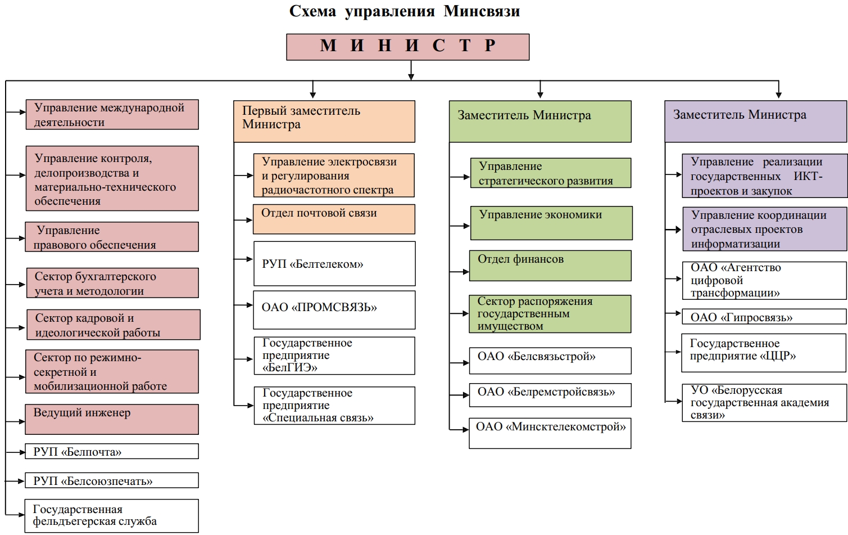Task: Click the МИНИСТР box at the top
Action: coord(407,47)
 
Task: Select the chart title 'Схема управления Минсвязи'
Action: coord(404,11)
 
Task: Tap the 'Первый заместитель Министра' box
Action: coord(324,121)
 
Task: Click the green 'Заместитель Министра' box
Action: coord(540,121)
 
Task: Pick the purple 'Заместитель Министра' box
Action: coord(755,121)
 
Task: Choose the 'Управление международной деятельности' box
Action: coord(112,115)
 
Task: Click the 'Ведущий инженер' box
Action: coord(112,419)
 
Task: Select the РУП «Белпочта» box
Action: coord(112,452)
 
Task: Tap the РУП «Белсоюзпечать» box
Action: coord(112,480)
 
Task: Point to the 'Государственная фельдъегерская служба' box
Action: coord(112,515)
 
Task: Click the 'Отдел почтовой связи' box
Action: coord(334,219)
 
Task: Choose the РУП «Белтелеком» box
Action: coord(334,263)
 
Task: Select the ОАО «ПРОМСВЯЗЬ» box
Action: coord(334,309)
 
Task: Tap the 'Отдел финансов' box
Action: coord(550,266)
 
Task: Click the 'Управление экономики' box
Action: coord(551,223)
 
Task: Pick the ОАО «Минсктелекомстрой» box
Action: coord(550,433)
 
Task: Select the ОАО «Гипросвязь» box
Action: coord(764,317)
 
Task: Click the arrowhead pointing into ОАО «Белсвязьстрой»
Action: coord(465,362)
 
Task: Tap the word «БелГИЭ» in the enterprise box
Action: coord(290,368)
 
